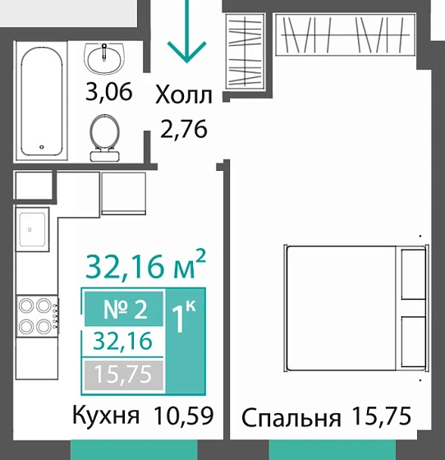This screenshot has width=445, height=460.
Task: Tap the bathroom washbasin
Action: (104, 57)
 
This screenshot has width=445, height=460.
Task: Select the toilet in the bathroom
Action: (104, 136)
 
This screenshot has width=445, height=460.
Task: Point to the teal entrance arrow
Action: (187, 33)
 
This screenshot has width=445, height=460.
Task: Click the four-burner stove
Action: (32, 313)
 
